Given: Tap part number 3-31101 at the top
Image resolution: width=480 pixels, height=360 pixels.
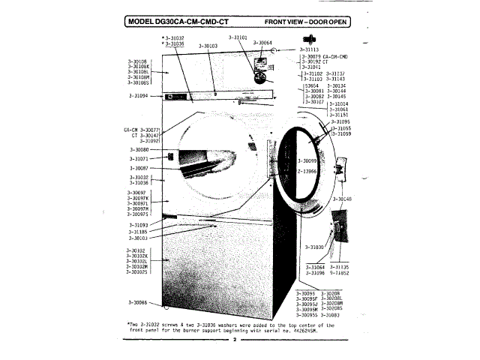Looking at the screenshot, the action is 239,37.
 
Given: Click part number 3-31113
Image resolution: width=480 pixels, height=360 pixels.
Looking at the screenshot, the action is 310,49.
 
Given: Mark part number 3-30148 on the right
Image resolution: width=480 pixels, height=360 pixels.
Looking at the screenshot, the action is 343,199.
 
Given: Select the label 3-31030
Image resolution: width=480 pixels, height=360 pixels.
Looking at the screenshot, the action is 315,247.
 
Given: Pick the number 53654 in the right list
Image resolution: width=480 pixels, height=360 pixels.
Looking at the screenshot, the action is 311,85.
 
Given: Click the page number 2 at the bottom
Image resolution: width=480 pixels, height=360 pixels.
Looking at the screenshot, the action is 234,340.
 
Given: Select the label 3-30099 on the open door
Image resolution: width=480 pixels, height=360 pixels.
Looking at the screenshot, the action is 307,160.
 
